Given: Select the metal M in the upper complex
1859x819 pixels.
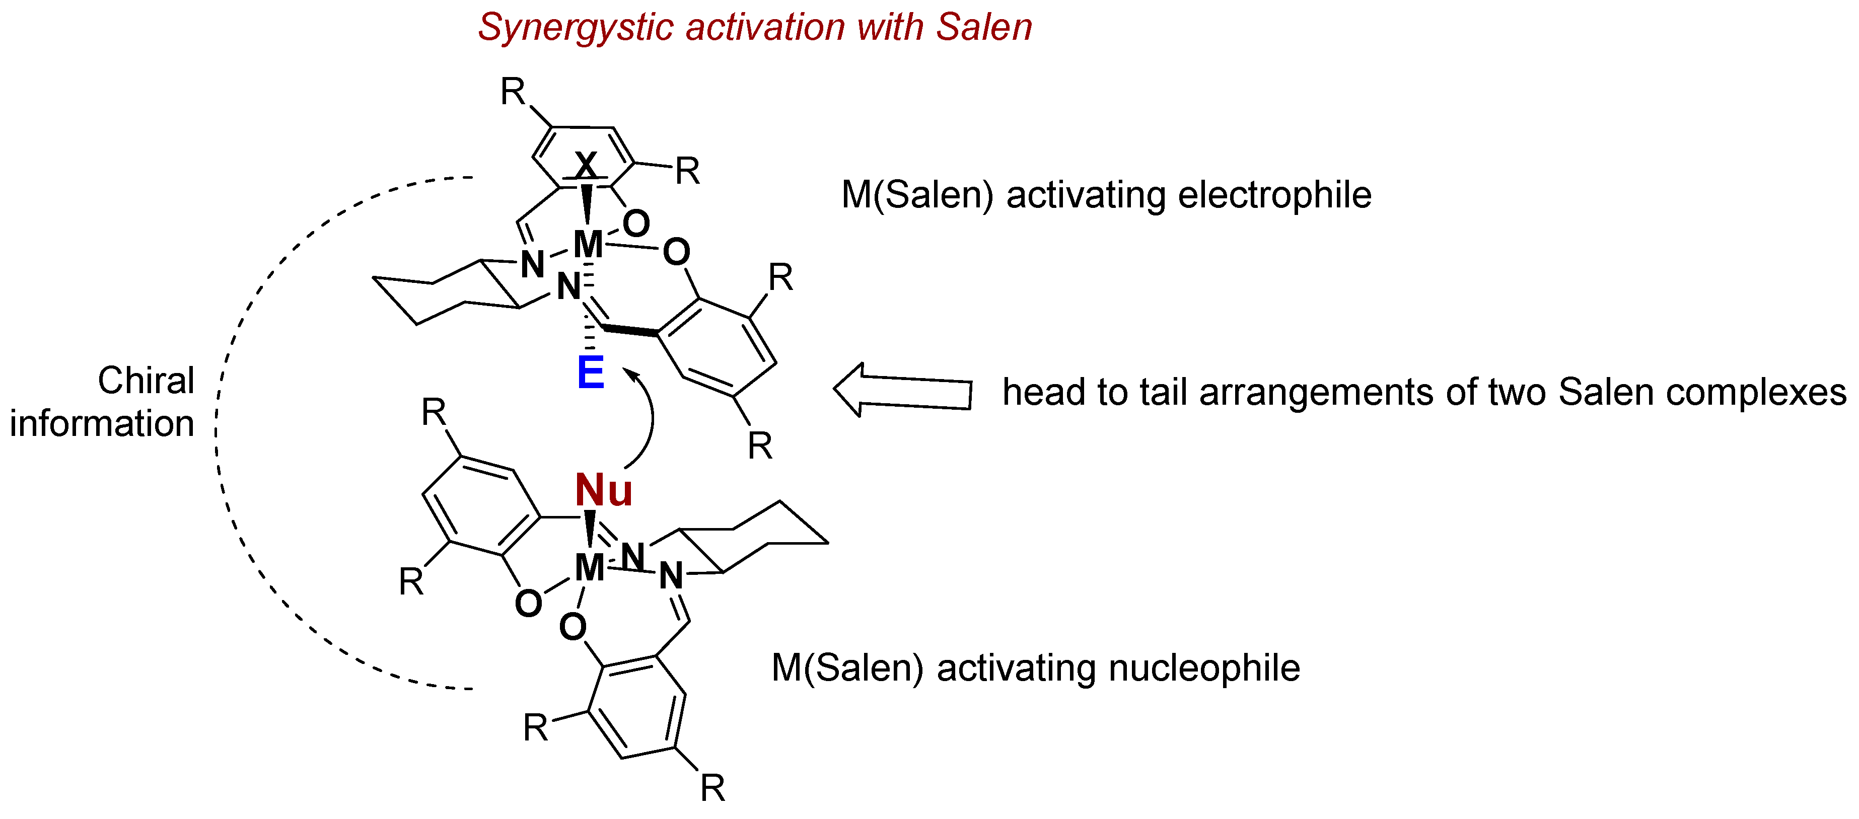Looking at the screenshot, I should click(x=588, y=244).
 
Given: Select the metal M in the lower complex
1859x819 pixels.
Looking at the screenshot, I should click(x=590, y=568).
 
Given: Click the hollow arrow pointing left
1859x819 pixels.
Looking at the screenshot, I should click(x=902, y=391).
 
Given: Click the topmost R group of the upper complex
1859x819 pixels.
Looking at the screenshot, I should click(x=513, y=92).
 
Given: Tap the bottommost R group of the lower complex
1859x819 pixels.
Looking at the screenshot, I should click(x=712, y=788).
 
